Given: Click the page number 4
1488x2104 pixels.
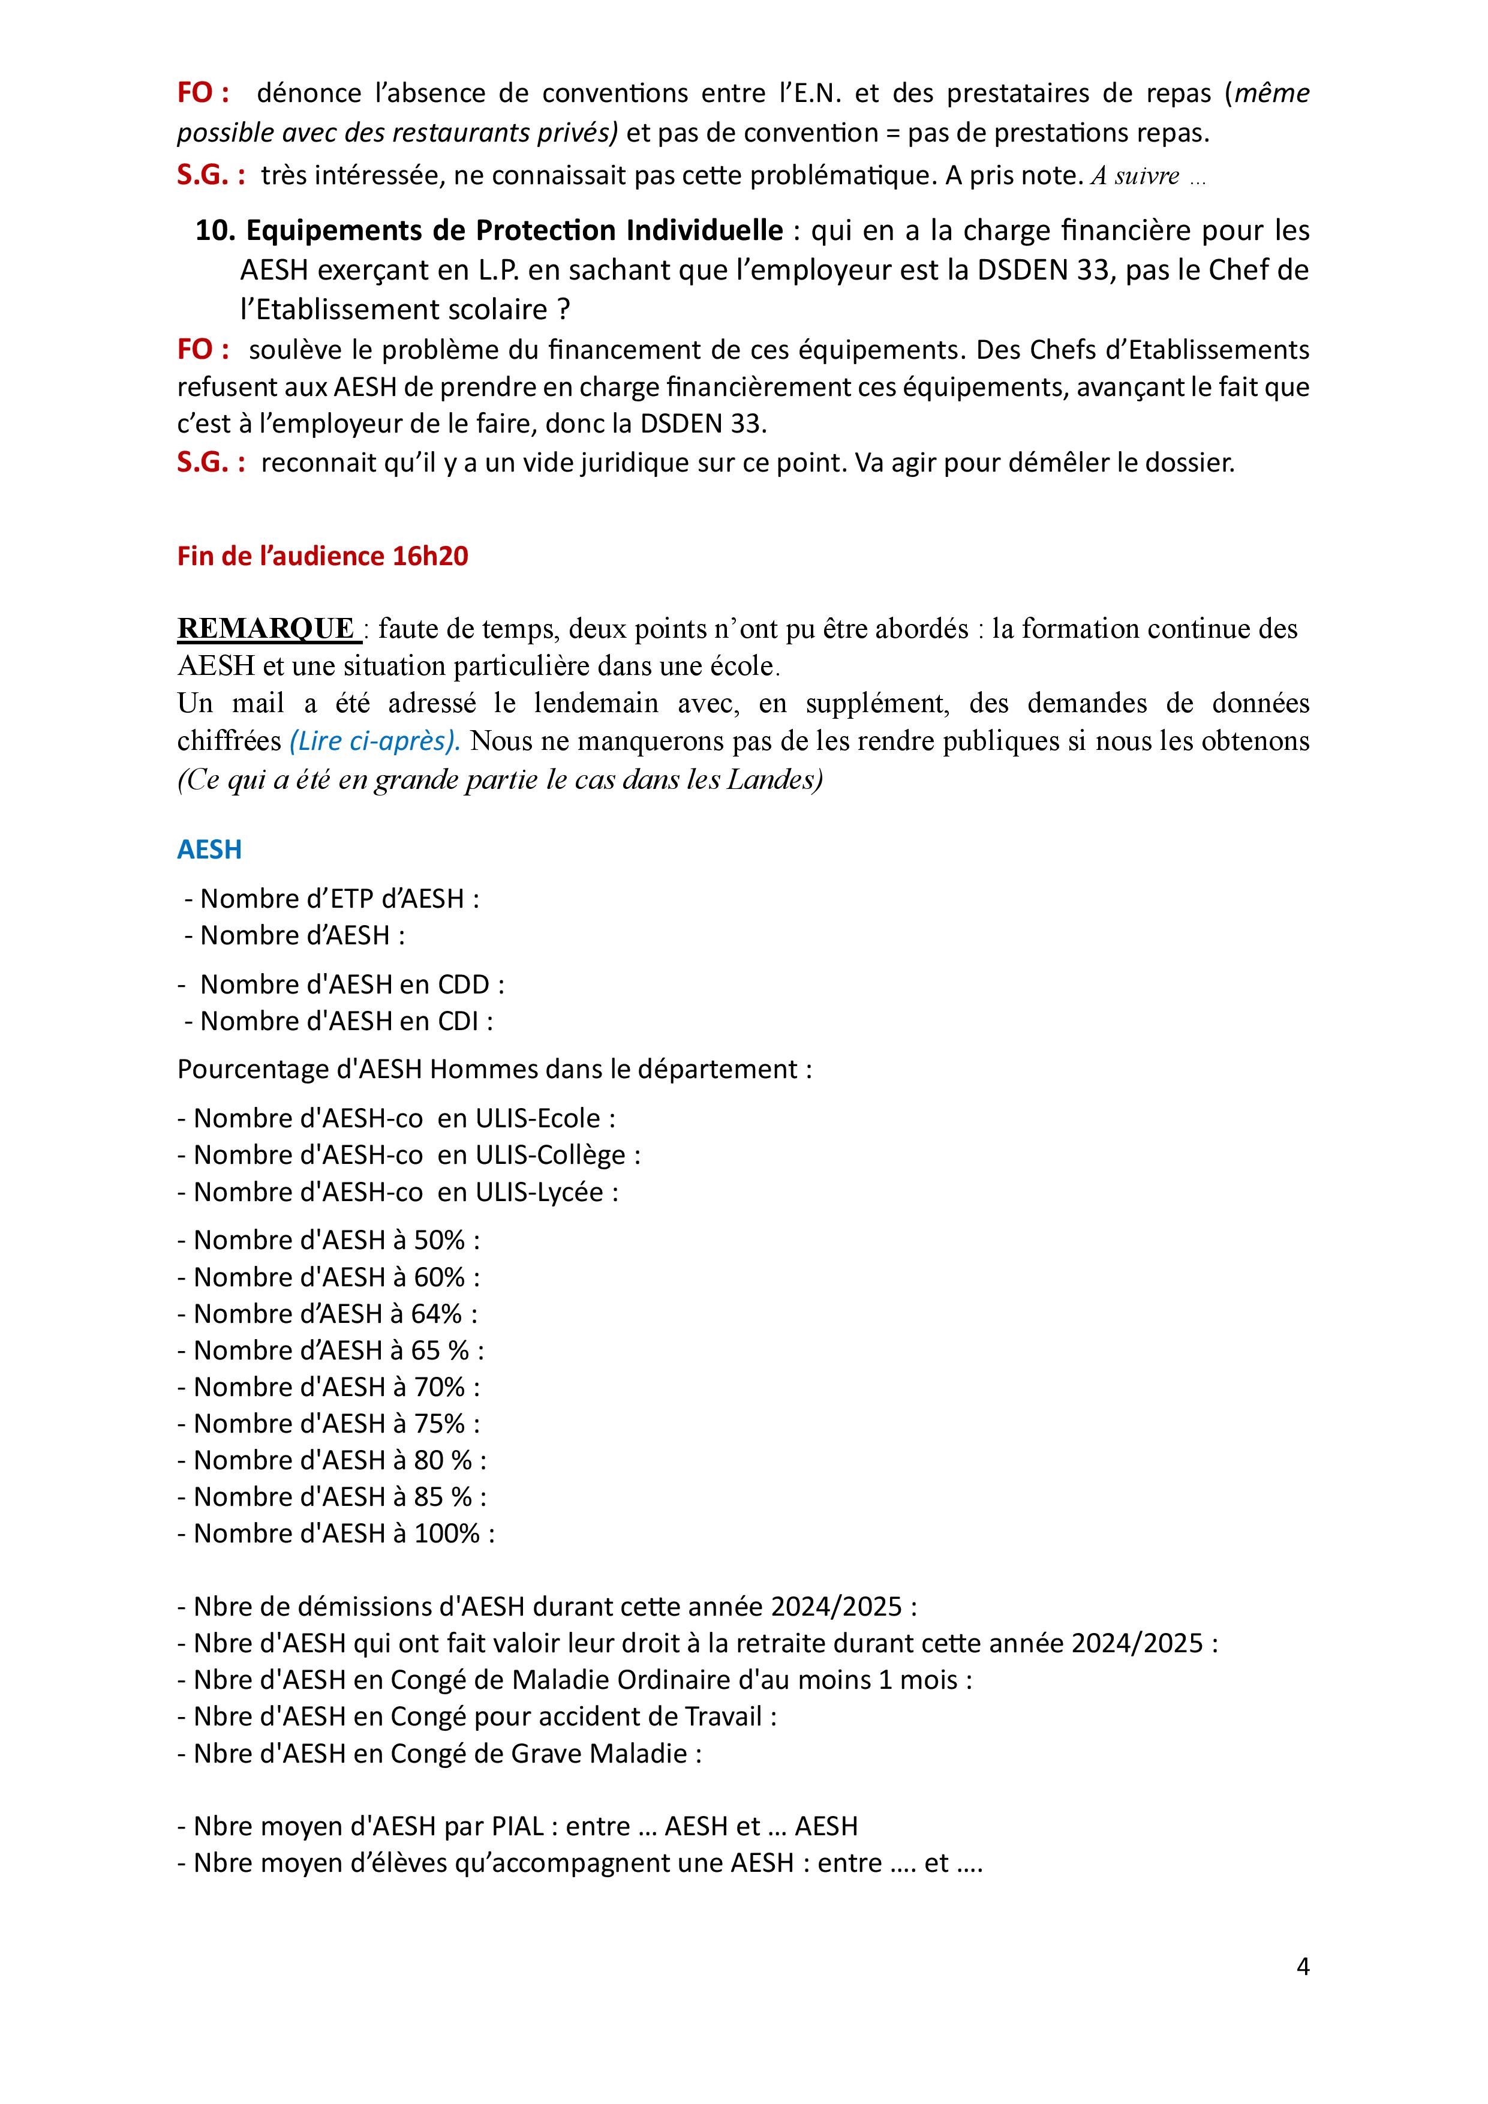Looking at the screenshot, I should (1302, 1967).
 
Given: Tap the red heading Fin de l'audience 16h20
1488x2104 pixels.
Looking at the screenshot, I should (323, 556).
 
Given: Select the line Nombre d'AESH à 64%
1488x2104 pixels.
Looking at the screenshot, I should (327, 1314).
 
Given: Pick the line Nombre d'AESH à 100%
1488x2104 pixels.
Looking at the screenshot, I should (335, 1534).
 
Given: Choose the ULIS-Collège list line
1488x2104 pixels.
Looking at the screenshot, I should (408, 1155).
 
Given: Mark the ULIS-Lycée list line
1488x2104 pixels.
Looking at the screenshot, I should (398, 1192).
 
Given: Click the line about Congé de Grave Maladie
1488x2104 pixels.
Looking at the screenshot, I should (440, 1754).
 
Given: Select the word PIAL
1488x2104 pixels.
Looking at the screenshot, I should (518, 1827).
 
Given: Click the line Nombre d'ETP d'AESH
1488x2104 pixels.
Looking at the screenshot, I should (339, 898).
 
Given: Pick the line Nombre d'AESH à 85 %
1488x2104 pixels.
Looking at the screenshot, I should (332, 1497).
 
